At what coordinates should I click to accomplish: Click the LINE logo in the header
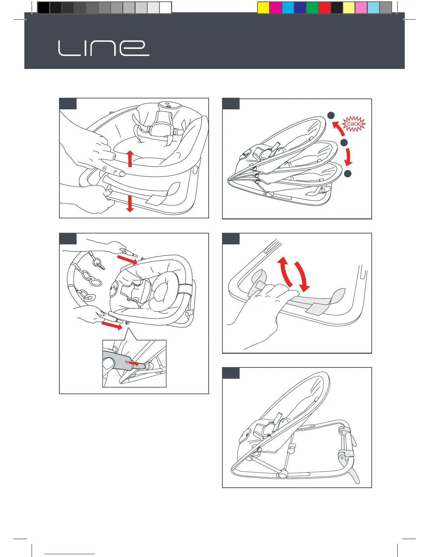[104, 48]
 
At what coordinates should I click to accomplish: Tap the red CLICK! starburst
[354, 124]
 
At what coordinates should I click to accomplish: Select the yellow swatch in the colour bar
[263, 7]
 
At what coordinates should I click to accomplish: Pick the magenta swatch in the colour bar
[275, 7]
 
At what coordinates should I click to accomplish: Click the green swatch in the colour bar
[312, 7]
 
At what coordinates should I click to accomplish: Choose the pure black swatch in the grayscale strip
[43, 7]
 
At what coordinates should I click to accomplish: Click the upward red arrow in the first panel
[130, 159]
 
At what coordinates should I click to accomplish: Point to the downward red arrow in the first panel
[130, 204]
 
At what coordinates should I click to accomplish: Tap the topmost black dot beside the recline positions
[331, 115]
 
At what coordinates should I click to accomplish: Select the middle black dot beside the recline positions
[344, 142]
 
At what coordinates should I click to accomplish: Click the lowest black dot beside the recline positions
[347, 173]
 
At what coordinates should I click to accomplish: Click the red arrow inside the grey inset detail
[132, 363]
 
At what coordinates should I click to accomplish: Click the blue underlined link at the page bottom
[70, 554]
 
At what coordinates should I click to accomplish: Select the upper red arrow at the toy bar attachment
[127, 259]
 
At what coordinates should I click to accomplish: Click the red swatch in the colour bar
[325, 7]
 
